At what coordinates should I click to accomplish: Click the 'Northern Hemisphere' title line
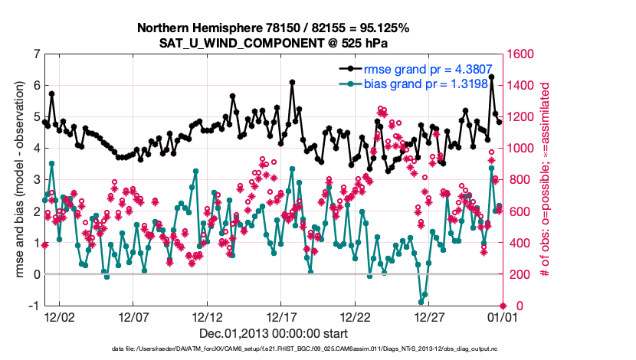click(273, 28)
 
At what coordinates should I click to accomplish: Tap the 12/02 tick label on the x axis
click(59, 316)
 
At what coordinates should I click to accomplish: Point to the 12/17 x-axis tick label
click(282, 316)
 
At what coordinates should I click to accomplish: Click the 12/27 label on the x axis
click(431, 316)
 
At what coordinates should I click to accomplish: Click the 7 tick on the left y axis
click(37, 54)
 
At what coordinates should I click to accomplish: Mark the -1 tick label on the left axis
click(34, 306)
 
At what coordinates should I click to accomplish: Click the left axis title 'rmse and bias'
click(15, 180)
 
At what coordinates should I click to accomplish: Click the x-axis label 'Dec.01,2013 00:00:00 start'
click(274, 333)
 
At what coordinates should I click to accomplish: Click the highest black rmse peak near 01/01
click(491, 77)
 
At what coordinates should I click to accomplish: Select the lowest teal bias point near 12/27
click(421, 301)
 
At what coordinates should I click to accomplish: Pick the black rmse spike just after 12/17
click(292, 81)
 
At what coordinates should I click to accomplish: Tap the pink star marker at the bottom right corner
click(503, 306)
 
